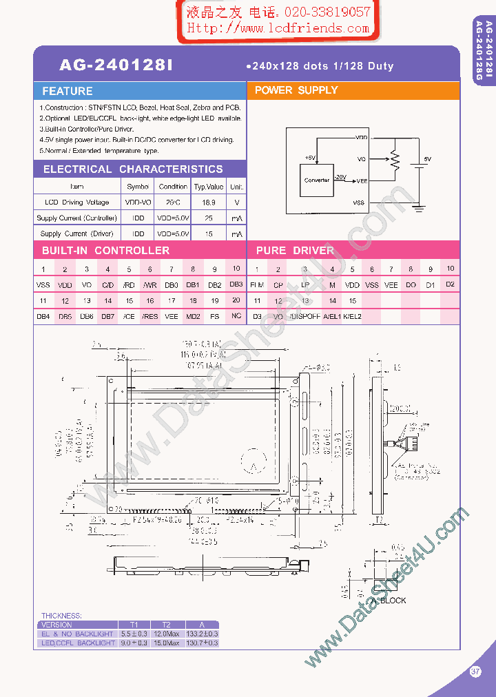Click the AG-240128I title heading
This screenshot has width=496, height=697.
[x=116, y=65]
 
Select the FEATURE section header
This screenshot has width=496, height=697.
[x=67, y=91]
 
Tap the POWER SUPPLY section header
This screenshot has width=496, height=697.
[x=296, y=90]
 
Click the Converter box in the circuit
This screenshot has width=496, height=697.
[x=317, y=180]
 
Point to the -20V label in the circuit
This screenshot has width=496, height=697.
[x=340, y=177]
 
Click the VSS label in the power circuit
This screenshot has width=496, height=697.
[x=359, y=202]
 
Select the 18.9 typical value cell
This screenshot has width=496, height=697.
[x=209, y=202]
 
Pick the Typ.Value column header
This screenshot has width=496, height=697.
[x=209, y=187]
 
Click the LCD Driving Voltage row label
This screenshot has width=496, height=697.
[x=76, y=202]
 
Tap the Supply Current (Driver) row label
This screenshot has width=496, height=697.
[x=76, y=234]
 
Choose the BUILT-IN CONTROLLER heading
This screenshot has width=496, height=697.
[x=105, y=251]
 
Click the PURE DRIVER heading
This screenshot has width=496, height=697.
[x=295, y=251]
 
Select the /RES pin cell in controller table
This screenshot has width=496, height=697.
[x=149, y=317]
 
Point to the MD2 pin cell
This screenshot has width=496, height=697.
[x=193, y=317]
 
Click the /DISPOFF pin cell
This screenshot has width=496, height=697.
[x=304, y=317]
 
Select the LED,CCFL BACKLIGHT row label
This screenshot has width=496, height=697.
[x=78, y=643]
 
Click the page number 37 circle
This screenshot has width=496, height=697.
[x=475, y=672]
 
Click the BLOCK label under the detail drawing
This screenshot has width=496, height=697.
[x=393, y=601]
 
